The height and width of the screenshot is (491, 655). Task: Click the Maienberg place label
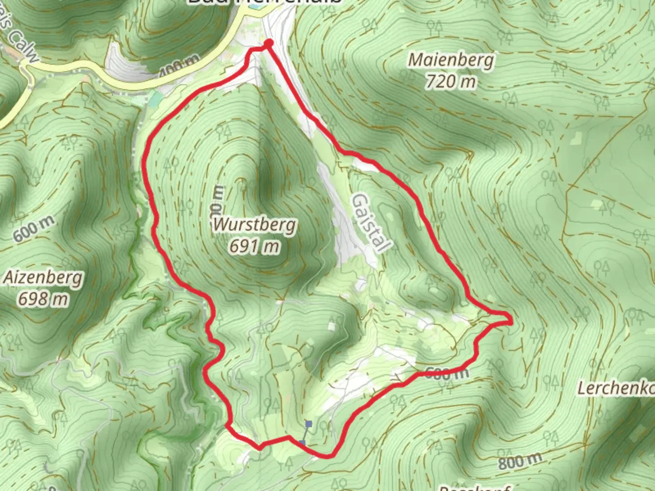coord(451,60)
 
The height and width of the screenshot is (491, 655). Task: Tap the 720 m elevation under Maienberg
coord(451,82)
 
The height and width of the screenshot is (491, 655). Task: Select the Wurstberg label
coord(255,225)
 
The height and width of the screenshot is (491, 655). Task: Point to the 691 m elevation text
coord(254,246)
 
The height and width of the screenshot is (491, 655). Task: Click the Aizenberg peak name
coord(44,277)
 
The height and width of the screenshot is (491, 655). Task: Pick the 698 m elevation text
coord(44,299)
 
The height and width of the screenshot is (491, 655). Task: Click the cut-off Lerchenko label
coord(616,389)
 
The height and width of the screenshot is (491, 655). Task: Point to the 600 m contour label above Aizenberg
coord(34,229)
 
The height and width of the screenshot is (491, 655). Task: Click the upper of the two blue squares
coord(309,424)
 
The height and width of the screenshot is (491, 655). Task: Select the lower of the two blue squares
coord(302,442)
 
